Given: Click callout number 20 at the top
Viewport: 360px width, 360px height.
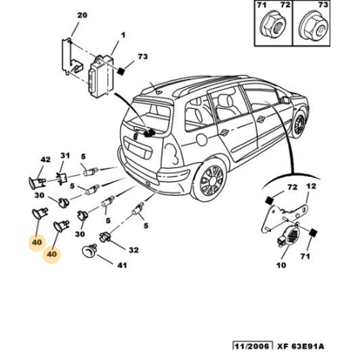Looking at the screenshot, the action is point(82,15).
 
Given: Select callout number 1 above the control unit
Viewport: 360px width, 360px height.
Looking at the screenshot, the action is point(123,35).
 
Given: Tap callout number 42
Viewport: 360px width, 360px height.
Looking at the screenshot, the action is point(45,160).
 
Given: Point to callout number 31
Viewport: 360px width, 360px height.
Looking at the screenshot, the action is point(65,156).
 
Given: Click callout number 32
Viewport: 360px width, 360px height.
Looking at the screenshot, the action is point(134,250).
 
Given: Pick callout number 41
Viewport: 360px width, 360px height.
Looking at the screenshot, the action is point(122,265).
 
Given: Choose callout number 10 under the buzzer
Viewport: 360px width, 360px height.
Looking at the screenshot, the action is point(281,265).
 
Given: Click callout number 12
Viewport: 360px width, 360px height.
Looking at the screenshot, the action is point(311,186).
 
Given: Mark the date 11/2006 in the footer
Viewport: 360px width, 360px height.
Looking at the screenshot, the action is point(252,346).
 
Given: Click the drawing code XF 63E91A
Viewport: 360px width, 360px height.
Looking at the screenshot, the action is point(301,346).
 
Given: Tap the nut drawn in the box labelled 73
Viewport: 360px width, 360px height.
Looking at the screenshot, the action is point(315,28).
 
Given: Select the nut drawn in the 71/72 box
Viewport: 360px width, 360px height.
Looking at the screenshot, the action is point(274,28).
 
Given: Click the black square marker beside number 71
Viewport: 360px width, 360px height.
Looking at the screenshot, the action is point(312,233).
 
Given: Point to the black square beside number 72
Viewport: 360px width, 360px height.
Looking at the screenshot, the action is point(269,200).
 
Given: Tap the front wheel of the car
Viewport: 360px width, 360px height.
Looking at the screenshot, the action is point(300,124).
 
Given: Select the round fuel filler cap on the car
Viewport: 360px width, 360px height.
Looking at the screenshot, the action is point(201,139).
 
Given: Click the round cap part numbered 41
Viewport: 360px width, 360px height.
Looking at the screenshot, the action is point(89,251).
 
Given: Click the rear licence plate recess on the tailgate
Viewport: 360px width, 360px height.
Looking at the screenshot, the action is point(138,149).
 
